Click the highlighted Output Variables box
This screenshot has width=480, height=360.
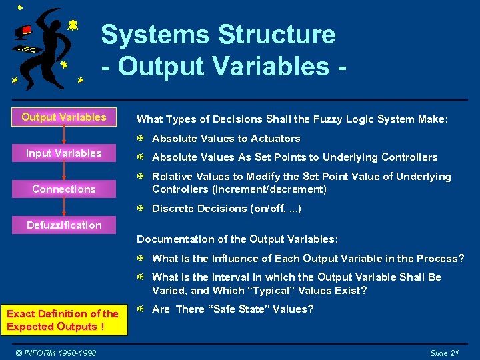64,117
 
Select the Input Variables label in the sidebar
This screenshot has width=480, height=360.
64,153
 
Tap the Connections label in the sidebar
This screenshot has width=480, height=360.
64,189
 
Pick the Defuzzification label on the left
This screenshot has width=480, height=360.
64,225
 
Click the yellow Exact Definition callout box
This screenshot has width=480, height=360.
63,320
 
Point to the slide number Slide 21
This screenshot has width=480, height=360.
444,353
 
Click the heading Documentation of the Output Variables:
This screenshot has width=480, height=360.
237,239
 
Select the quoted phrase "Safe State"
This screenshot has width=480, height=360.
240,309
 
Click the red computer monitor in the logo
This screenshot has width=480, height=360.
25,30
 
